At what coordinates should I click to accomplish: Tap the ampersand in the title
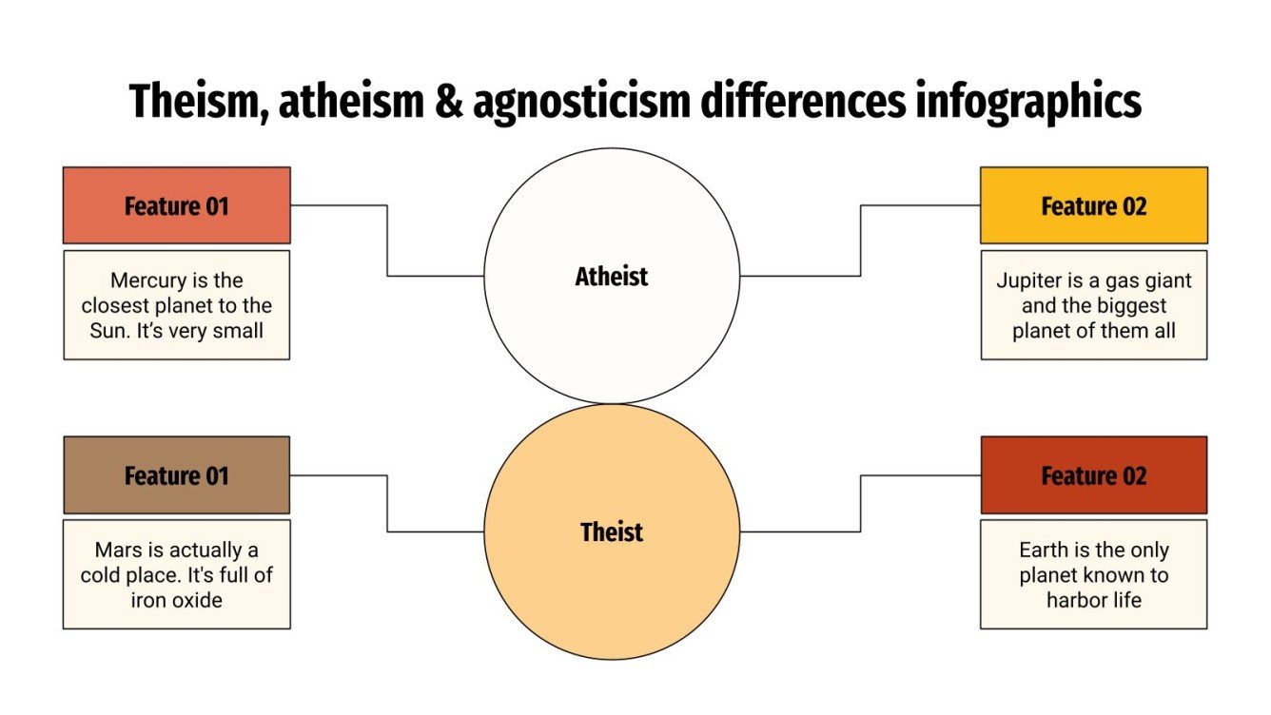[x=448, y=101]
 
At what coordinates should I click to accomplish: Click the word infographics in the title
[x=1029, y=101]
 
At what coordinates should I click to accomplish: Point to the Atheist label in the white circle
[x=612, y=277]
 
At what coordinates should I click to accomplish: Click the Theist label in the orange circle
[x=612, y=531]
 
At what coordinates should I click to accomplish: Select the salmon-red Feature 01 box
[x=177, y=205]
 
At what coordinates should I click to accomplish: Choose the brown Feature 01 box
[x=177, y=475]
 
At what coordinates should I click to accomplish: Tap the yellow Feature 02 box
[x=1094, y=205]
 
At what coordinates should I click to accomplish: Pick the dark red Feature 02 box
[x=1094, y=475]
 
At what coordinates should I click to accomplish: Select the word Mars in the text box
[x=116, y=550]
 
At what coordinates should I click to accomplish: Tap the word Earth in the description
[x=1045, y=550]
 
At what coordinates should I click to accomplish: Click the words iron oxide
[x=177, y=600]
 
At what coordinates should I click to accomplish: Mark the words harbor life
[x=1094, y=600]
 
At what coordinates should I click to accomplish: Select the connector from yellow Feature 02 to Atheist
[x=861, y=242]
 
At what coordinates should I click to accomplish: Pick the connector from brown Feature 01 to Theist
[x=387, y=504]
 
